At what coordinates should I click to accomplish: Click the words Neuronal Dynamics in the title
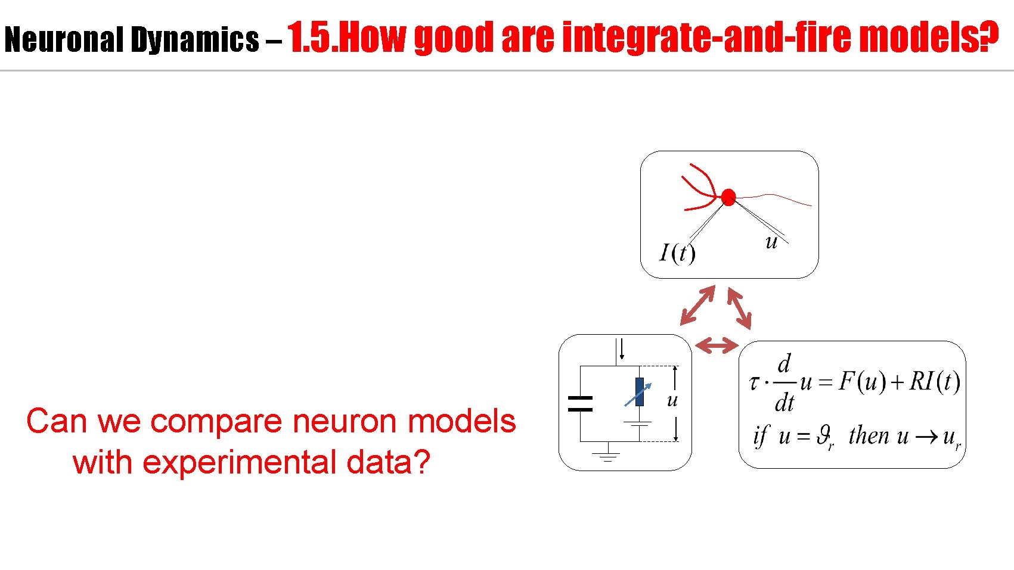[x=131, y=40]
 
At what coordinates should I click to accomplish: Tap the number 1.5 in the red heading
[x=312, y=38]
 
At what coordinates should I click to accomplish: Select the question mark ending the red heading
[x=989, y=36]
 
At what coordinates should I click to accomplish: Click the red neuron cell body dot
[x=728, y=197]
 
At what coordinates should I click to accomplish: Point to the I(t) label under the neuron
[x=677, y=253]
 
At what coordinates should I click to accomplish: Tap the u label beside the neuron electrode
[x=771, y=242]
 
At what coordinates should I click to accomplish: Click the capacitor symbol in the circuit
[x=580, y=404]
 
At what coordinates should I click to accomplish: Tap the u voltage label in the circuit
[x=672, y=400]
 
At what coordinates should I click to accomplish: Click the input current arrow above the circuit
[x=621, y=348]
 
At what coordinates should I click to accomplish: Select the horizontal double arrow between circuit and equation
[x=717, y=345]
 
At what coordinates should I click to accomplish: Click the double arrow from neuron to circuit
[x=697, y=305]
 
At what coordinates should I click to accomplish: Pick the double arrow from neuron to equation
[x=739, y=308]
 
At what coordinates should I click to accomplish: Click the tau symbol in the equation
[x=754, y=382]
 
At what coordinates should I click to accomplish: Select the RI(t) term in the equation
[x=934, y=381]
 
